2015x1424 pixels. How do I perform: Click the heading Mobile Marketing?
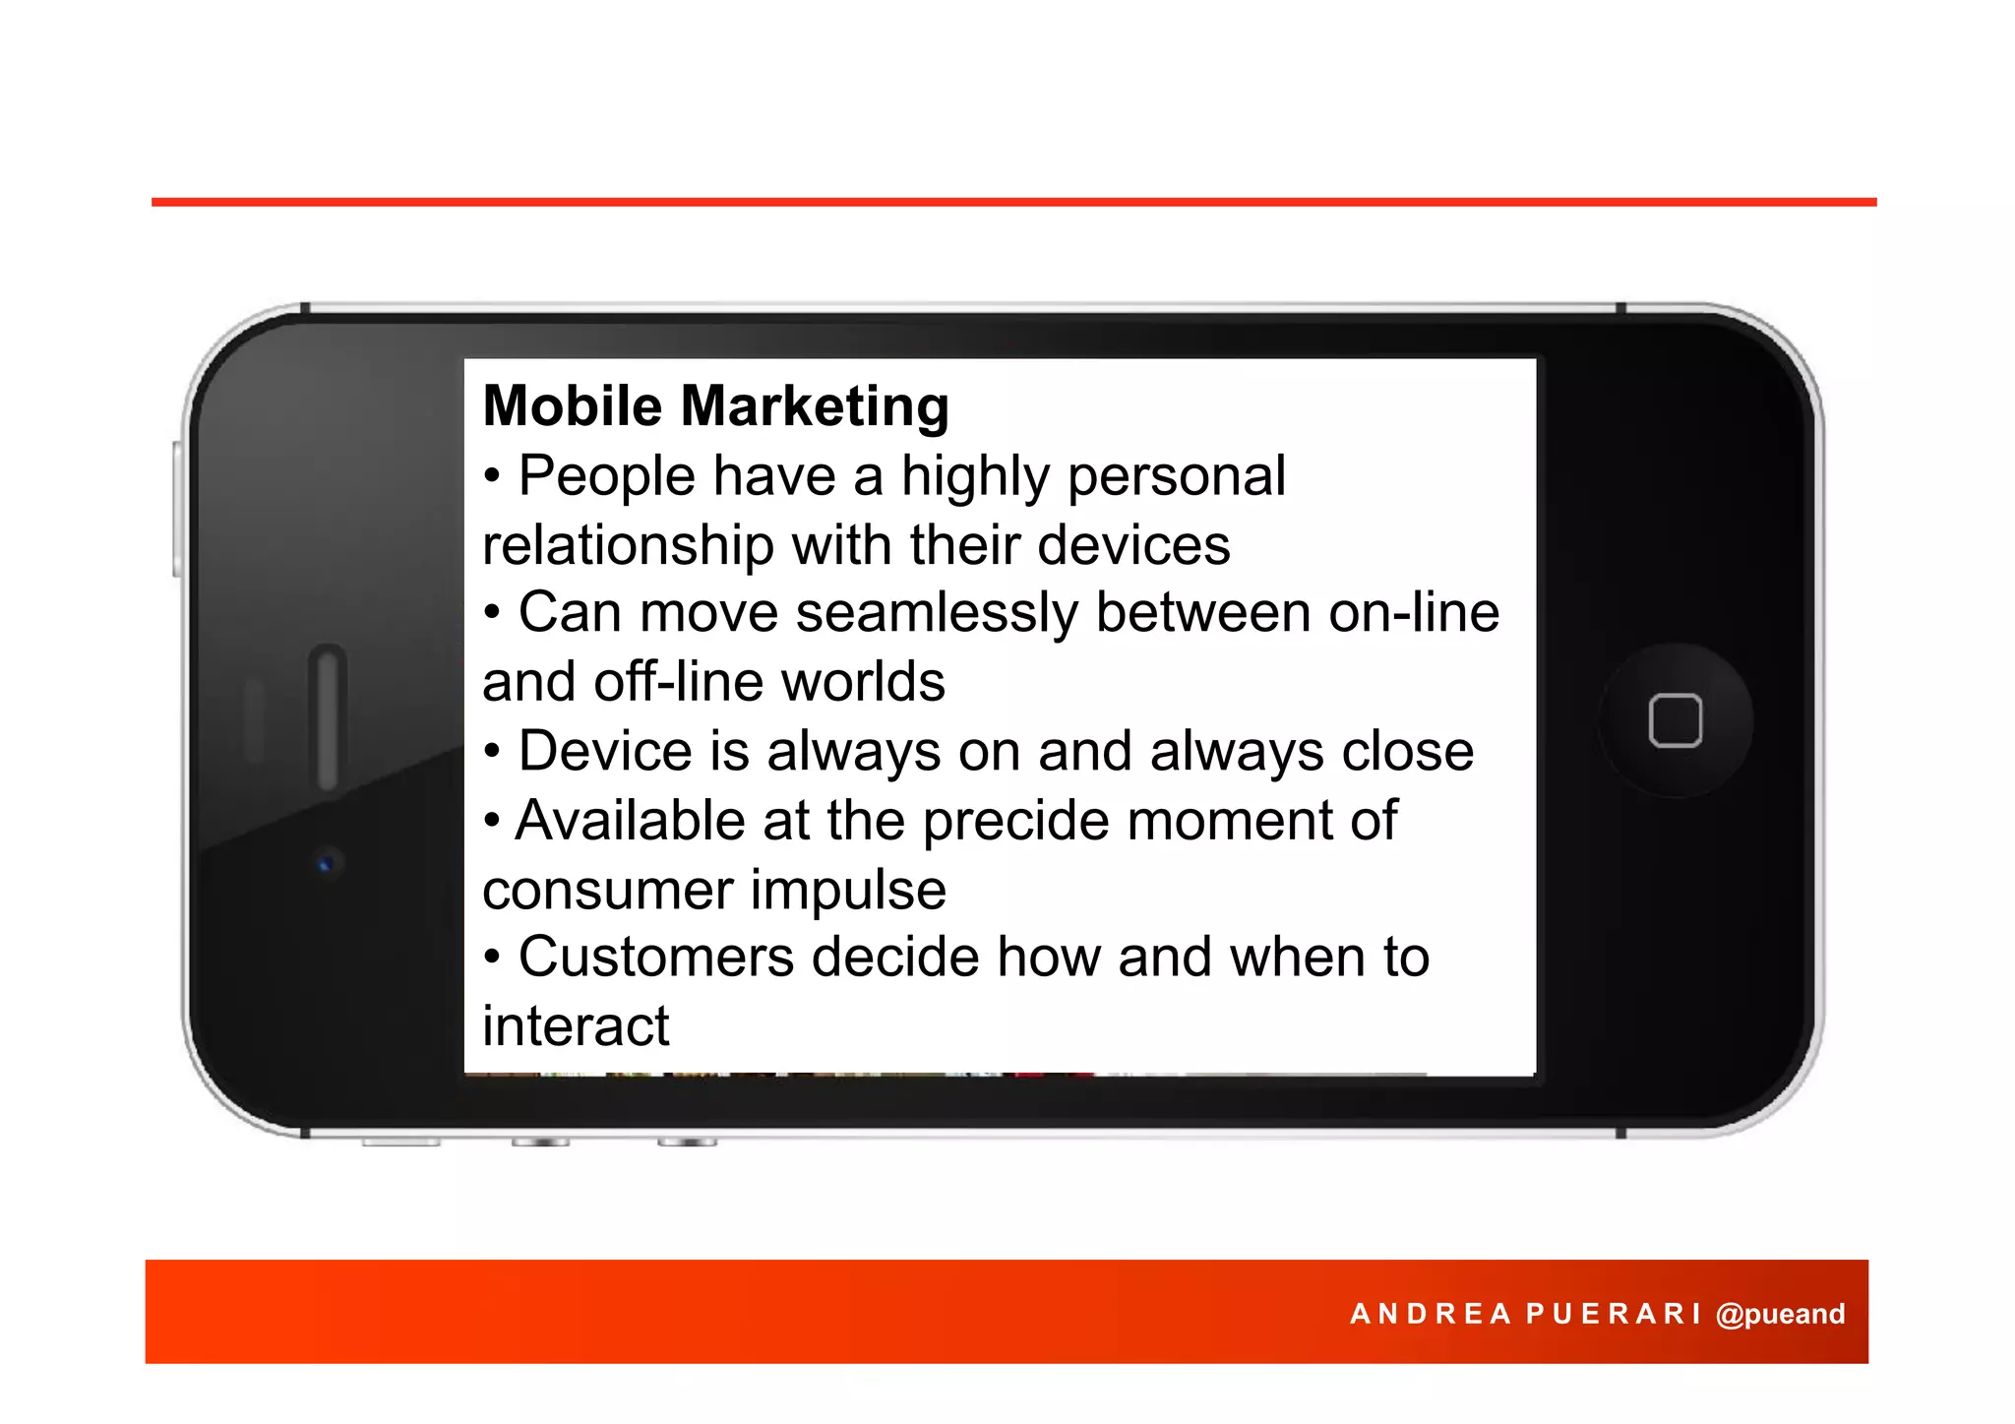715,406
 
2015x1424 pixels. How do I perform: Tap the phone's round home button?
1675,720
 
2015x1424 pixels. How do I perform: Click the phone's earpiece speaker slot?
328,716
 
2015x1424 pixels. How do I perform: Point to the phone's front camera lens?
326,864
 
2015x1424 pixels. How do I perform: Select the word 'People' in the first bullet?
607,477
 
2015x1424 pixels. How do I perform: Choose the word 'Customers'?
656,958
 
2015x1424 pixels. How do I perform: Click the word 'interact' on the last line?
576,1026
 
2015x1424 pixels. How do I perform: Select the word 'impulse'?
848,890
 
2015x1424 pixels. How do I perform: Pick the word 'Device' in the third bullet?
606,752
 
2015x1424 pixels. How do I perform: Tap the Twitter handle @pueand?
1780,1314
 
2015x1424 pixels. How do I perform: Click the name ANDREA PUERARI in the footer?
1525,1314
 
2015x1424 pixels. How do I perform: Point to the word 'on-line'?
1414,613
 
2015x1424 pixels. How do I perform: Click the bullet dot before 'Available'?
492,820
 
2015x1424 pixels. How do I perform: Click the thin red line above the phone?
1013,202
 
